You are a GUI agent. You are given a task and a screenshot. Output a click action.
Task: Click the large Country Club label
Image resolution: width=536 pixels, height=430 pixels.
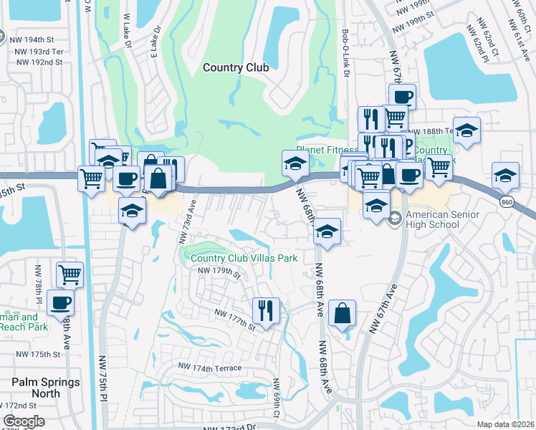pyautogui.click(x=235, y=67)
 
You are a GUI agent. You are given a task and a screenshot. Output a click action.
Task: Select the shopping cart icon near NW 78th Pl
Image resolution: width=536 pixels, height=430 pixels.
pyautogui.click(x=70, y=273)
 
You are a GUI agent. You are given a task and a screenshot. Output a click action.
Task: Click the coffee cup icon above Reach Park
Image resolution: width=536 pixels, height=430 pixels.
pyautogui.click(x=60, y=301)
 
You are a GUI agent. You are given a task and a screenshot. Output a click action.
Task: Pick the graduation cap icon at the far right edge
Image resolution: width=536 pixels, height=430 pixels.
pyautogui.click(x=505, y=175)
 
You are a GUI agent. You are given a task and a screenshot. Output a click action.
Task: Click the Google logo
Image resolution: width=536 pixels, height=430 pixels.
pyautogui.click(x=23, y=421)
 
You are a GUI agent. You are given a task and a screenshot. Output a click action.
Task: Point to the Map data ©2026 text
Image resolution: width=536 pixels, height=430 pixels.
pyautogui.click(x=505, y=424)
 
